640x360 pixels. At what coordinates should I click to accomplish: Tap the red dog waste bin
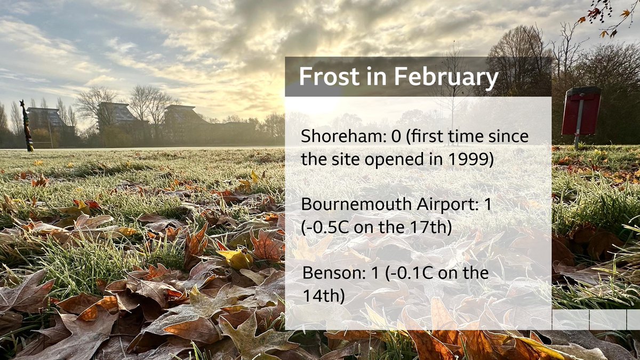coord(581,111)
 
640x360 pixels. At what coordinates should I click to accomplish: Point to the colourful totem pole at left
coord(25,125)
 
